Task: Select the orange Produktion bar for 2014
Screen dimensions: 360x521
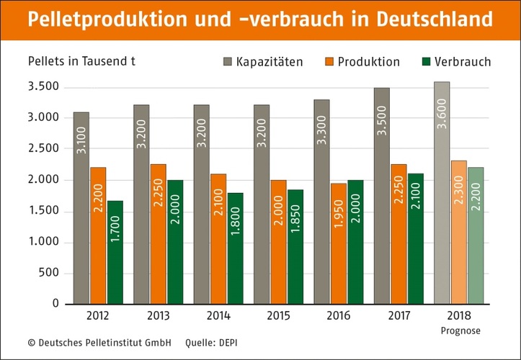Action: (218, 238)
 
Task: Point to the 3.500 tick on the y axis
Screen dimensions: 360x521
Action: (44, 88)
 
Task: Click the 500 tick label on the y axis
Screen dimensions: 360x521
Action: (48, 273)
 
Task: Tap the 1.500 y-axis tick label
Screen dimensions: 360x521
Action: (44, 211)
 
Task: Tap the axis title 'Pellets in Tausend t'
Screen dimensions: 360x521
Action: (81, 60)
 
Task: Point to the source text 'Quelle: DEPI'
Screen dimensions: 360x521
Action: (211, 343)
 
